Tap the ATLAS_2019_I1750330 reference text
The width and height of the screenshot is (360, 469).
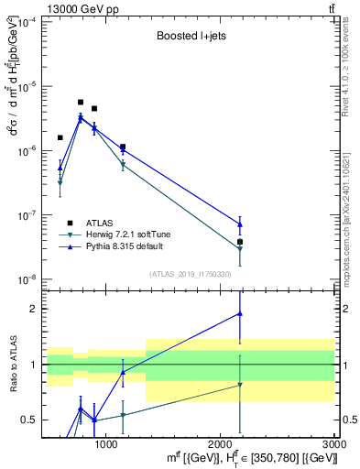pos(189,274)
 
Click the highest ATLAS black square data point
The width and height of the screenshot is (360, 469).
pos(81,103)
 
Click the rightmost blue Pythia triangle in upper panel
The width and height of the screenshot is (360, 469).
pos(240,224)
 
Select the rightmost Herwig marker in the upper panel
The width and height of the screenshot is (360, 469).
pos(240,248)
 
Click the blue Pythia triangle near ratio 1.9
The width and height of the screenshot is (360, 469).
pos(240,313)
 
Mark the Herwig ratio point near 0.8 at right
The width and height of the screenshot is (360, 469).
pos(240,385)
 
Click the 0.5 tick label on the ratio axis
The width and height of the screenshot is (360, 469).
pos(31,420)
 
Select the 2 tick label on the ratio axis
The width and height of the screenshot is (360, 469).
pos(35,310)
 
